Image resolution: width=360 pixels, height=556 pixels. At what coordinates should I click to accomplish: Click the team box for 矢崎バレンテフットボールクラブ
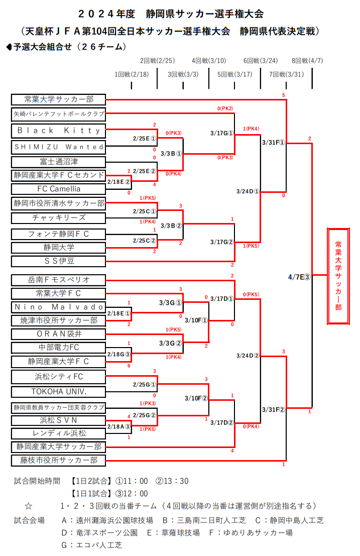(x=58, y=115)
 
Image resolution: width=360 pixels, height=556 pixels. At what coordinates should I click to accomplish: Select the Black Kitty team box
(x=58, y=131)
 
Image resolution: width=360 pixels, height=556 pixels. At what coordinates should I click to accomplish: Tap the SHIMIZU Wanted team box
(x=58, y=147)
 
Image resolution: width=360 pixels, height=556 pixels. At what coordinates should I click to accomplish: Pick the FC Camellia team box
(x=58, y=189)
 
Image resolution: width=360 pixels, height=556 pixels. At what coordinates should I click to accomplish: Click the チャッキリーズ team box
(x=58, y=217)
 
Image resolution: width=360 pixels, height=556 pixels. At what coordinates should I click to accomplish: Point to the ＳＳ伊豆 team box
(x=58, y=261)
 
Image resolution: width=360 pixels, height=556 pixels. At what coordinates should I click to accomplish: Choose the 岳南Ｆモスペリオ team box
(x=58, y=279)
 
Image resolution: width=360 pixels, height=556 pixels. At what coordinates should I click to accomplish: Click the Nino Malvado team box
(x=58, y=307)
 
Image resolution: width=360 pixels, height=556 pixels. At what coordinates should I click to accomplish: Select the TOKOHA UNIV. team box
(x=58, y=391)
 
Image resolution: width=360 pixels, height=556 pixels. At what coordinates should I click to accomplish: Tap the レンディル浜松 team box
(x=58, y=433)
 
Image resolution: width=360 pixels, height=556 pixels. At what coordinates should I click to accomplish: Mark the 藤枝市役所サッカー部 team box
(x=58, y=460)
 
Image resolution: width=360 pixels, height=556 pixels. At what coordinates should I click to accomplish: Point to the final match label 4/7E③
(x=300, y=276)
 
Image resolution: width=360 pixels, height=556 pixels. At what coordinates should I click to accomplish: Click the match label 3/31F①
(x=274, y=142)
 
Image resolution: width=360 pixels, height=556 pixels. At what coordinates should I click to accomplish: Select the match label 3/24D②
(x=248, y=356)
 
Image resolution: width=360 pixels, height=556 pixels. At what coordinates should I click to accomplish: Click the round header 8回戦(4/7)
(x=307, y=61)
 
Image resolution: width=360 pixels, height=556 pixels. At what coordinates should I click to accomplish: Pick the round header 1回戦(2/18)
(x=132, y=74)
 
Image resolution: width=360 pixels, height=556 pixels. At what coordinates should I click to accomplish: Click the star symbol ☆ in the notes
(x=29, y=505)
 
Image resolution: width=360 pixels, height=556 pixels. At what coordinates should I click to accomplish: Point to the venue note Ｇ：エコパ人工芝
(x=92, y=544)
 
